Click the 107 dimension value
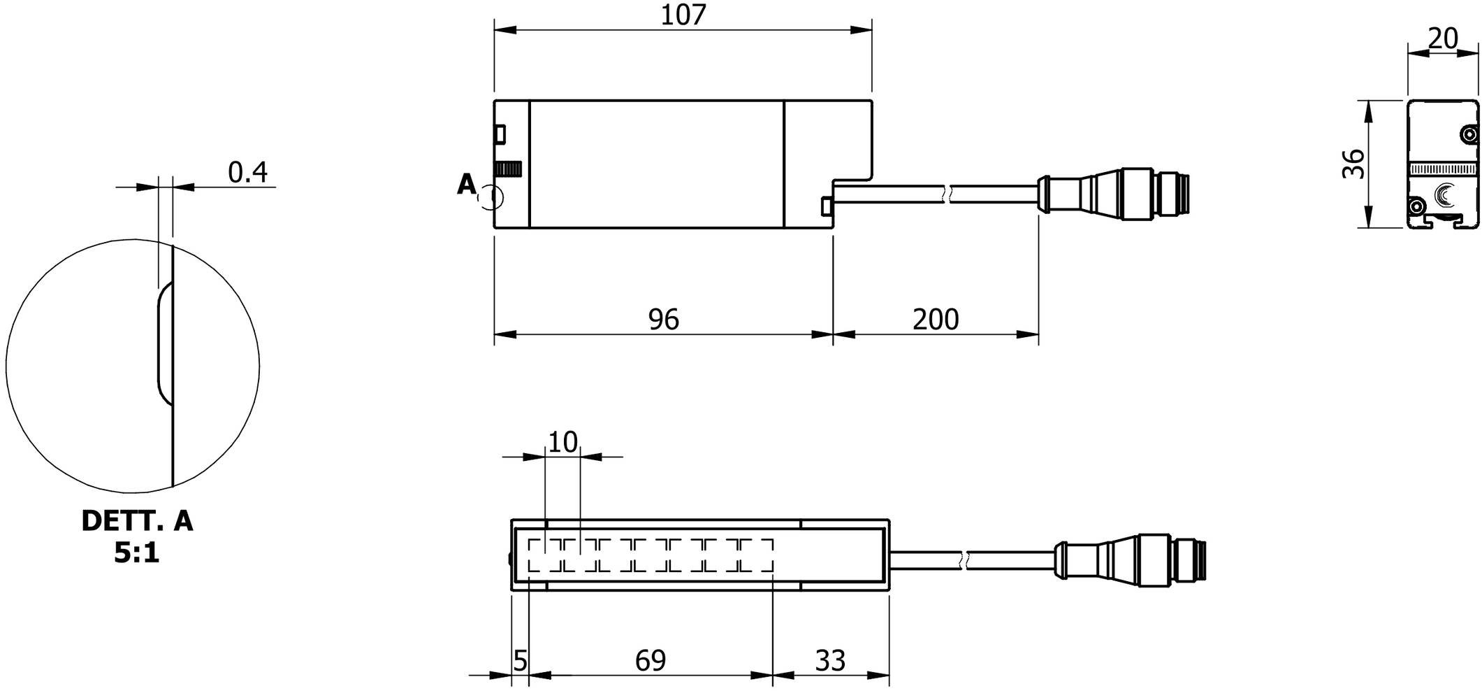click(x=683, y=15)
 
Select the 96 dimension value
click(x=663, y=320)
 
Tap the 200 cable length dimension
click(x=936, y=320)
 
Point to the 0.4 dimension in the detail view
click(x=248, y=172)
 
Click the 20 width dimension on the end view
click(x=1443, y=39)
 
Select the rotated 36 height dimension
click(x=1353, y=164)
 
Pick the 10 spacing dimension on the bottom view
click(x=562, y=443)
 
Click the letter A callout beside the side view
click(x=466, y=185)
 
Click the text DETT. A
click(x=137, y=521)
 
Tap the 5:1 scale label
click(x=137, y=553)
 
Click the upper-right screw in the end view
click(x=1469, y=133)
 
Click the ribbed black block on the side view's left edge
click(x=509, y=169)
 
